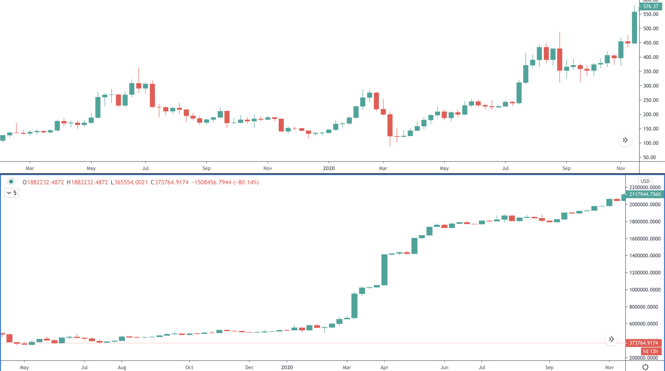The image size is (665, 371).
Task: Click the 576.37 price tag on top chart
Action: point(650,6)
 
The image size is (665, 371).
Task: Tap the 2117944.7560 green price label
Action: point(644,194)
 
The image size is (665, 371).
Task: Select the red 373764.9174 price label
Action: point(643,343)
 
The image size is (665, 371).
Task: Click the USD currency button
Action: point(645,181)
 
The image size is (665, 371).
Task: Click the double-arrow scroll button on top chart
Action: point(625,140)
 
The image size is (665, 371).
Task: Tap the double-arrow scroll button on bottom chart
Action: point(611,339)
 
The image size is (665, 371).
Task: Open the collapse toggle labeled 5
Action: point(11,193)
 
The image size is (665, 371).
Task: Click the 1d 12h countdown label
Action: point(650,351)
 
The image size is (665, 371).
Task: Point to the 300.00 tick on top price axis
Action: point(651,86)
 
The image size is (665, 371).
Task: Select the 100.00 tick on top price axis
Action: point(651,143)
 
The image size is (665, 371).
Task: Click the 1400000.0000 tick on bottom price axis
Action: point(645,256)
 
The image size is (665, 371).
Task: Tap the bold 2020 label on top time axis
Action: point(329,168)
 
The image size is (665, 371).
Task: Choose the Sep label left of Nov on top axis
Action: point(566,168)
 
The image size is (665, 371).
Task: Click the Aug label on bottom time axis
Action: point(122,368)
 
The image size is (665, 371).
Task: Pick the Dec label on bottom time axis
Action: point(249,368)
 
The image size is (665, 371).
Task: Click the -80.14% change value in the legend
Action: point(246,182)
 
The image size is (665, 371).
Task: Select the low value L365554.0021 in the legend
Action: point(129,182)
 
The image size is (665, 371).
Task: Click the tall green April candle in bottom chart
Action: point(384,270)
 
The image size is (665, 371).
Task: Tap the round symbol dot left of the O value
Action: point(11,182)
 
